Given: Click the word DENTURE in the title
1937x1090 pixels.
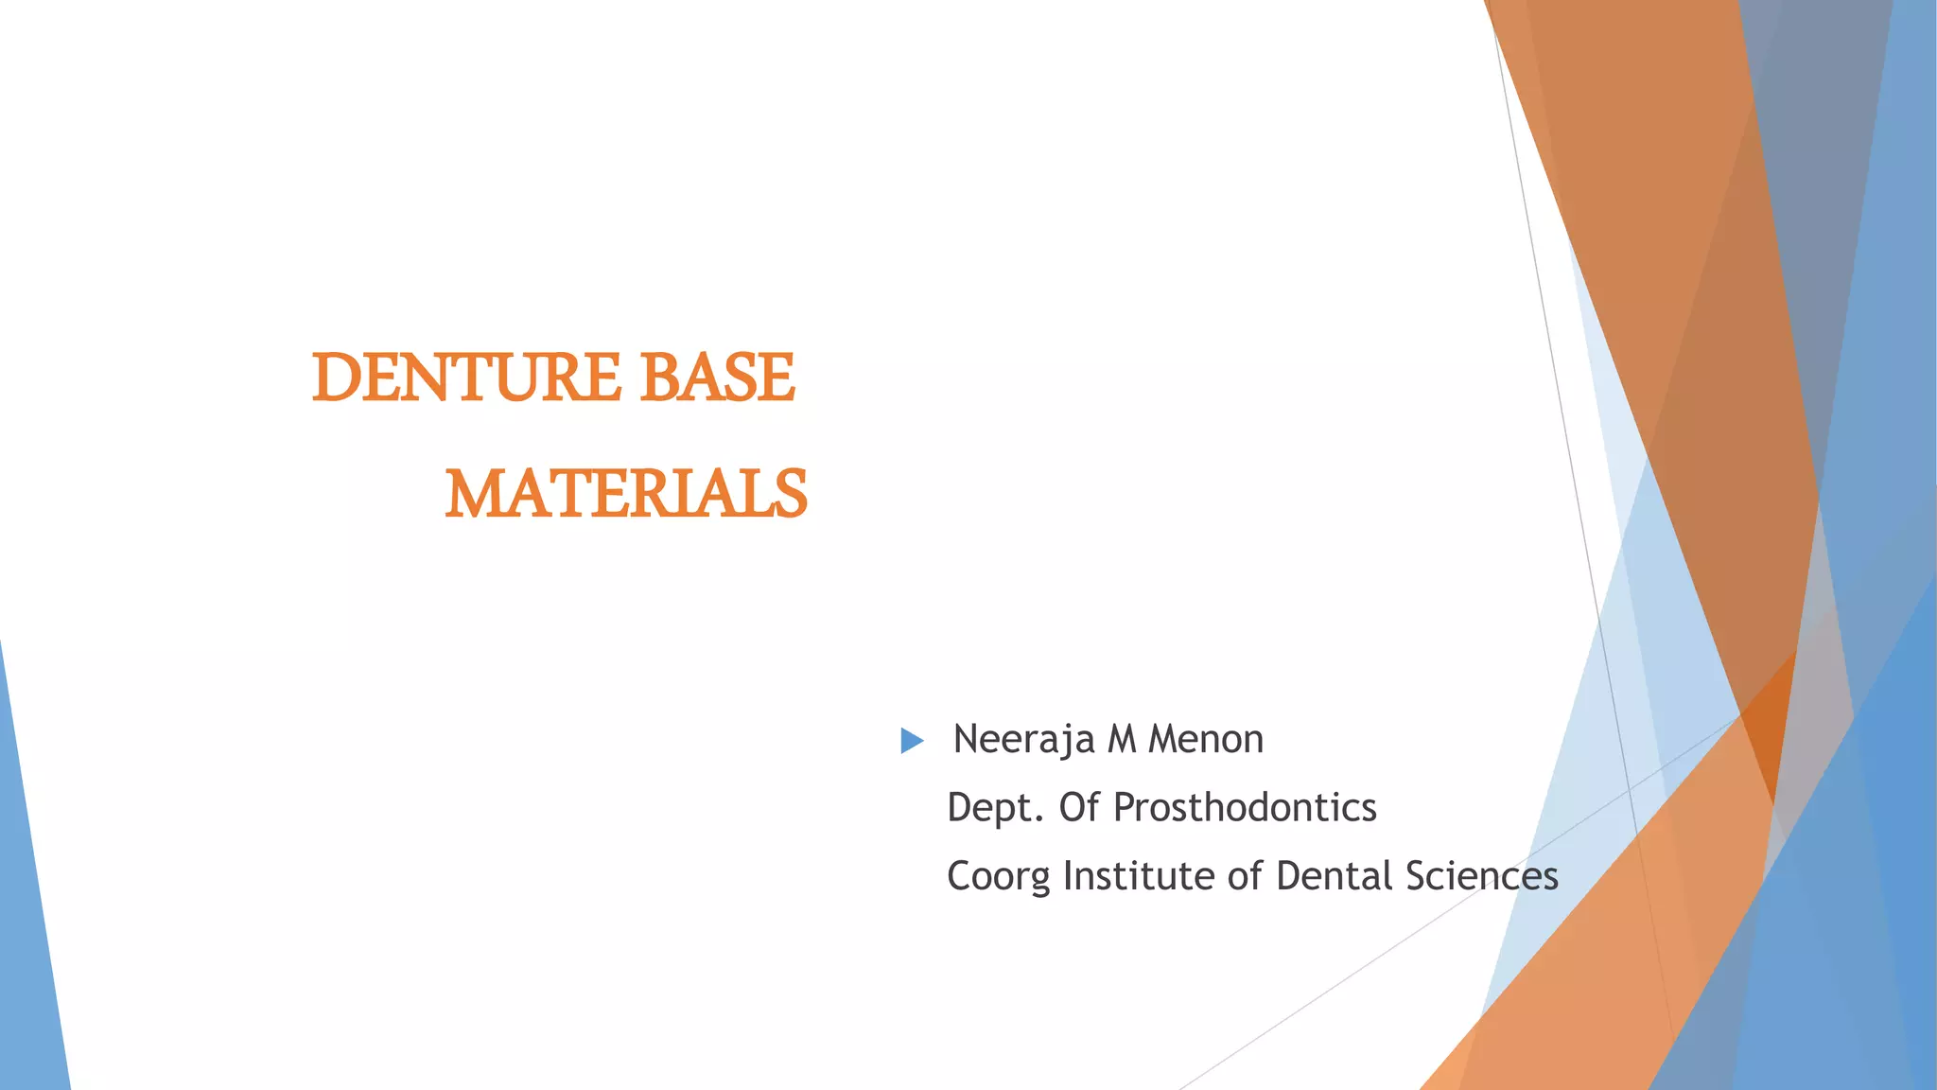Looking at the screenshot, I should point(466,378).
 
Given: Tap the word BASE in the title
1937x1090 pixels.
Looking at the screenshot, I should point(717,378).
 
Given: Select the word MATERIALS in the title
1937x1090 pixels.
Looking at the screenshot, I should point(626,494).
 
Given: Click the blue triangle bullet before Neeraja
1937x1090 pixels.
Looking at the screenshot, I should point(912,741).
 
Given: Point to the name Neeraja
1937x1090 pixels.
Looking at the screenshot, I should point(1023,740).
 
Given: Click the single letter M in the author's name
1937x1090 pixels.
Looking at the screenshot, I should point(1122,740).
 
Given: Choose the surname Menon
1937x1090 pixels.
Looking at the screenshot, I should point(1206,740).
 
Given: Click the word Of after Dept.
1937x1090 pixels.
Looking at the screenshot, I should point(1078,808).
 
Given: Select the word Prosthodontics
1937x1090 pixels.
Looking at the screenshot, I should point(1245,808).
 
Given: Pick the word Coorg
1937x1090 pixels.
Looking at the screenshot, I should point(998,877).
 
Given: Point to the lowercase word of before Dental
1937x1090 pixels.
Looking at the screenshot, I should point(1245,876).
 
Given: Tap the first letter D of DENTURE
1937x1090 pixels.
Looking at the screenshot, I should point(333,378).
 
